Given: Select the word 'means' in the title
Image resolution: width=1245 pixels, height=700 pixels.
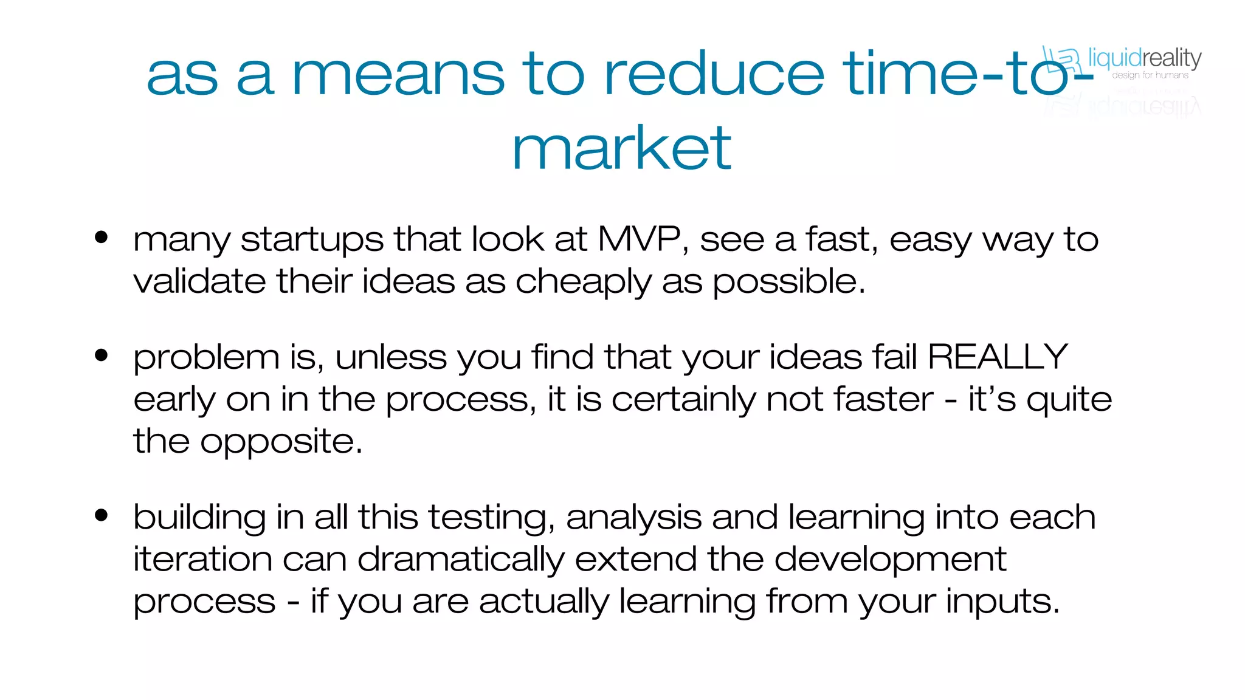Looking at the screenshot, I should pyautogui.click(x=398, y=75).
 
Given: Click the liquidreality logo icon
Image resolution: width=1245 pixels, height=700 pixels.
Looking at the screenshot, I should pyautogui.click(x=1061, y=60).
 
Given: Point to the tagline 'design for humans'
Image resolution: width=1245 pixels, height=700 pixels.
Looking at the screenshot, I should pyautogui.click(x=1150, y=75).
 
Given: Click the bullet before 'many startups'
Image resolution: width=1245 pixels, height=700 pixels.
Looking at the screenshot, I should pyautogui.click(x=102, y=238).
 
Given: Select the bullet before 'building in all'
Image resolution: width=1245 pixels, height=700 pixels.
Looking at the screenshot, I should pyautogui.click(x=102, y=516).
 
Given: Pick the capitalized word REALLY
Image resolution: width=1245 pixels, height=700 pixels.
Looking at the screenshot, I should pyautogui.click(x=998, y=357).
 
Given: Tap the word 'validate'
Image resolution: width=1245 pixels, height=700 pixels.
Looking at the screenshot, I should pyautogui.click(x=199, y=281).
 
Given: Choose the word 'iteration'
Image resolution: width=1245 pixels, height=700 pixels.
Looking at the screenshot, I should pyautogui.click(x=202, y=558).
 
